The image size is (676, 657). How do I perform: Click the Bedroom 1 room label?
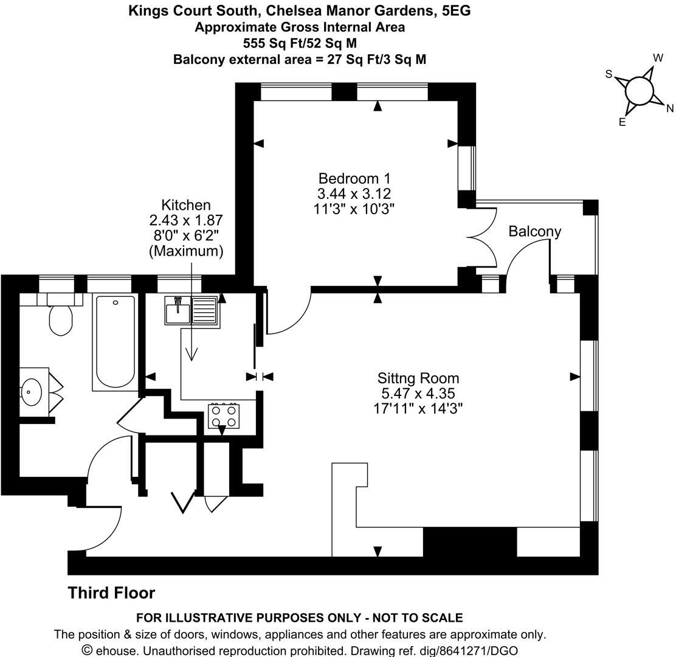[354, 178]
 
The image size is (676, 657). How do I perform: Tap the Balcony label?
[534, 232]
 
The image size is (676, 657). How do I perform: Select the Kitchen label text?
[185, 205]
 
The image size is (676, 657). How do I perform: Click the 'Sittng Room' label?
[418, 378]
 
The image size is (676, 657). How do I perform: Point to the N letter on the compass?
[670, 109]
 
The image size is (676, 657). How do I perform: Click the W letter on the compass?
[657, 58]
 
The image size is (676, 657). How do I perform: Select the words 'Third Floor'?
[111, 593]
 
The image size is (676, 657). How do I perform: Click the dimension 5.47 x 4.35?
[418, 393]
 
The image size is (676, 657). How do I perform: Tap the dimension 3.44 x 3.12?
[354, 193]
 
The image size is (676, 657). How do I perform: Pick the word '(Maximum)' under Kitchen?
[185, 251]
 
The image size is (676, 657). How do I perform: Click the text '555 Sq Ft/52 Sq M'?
[299, 43]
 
